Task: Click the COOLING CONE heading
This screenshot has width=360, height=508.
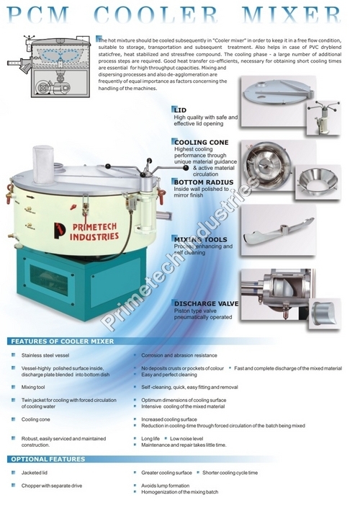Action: click(201, 143)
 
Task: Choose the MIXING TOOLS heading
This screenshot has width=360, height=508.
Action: click(199, 238)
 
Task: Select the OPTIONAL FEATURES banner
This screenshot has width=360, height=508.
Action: click(49, 459)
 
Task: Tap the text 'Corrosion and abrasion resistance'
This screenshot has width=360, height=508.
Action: click(179, 356)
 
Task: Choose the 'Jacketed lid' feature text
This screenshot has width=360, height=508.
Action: click(35, 473)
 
